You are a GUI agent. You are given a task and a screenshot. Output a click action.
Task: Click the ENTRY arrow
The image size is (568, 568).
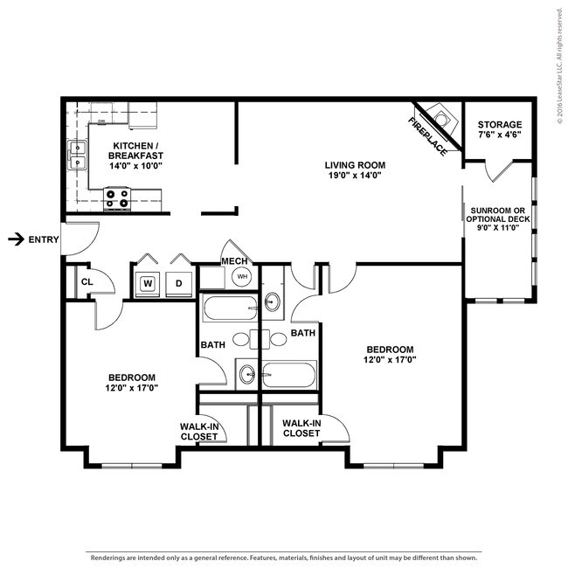(15, 239)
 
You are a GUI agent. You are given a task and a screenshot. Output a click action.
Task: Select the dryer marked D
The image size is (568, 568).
(179, 283)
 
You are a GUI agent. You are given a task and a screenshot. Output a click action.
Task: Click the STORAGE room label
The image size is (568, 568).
(501, 125)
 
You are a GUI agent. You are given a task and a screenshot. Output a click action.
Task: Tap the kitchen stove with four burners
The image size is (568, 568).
(117, 200)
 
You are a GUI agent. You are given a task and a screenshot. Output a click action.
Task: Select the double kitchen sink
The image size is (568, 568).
(77, 155)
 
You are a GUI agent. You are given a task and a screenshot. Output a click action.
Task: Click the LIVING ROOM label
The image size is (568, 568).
(355, 164)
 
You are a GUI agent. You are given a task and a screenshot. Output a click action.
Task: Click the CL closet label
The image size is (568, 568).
(87, 282)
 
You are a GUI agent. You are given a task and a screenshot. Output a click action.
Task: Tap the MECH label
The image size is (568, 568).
(233, 261)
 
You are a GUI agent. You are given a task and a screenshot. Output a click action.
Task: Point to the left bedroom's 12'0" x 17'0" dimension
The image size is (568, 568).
(131, 387)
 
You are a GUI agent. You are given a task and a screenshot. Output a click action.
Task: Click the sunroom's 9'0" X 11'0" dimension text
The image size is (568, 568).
(495, 228)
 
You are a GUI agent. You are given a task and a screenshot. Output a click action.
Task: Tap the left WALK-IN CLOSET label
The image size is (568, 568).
(199, 431)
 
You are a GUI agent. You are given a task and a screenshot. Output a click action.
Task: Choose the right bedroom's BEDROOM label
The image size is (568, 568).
(389, 347)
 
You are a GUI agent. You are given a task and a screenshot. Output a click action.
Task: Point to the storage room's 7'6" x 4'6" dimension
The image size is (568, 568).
(501, 136)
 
